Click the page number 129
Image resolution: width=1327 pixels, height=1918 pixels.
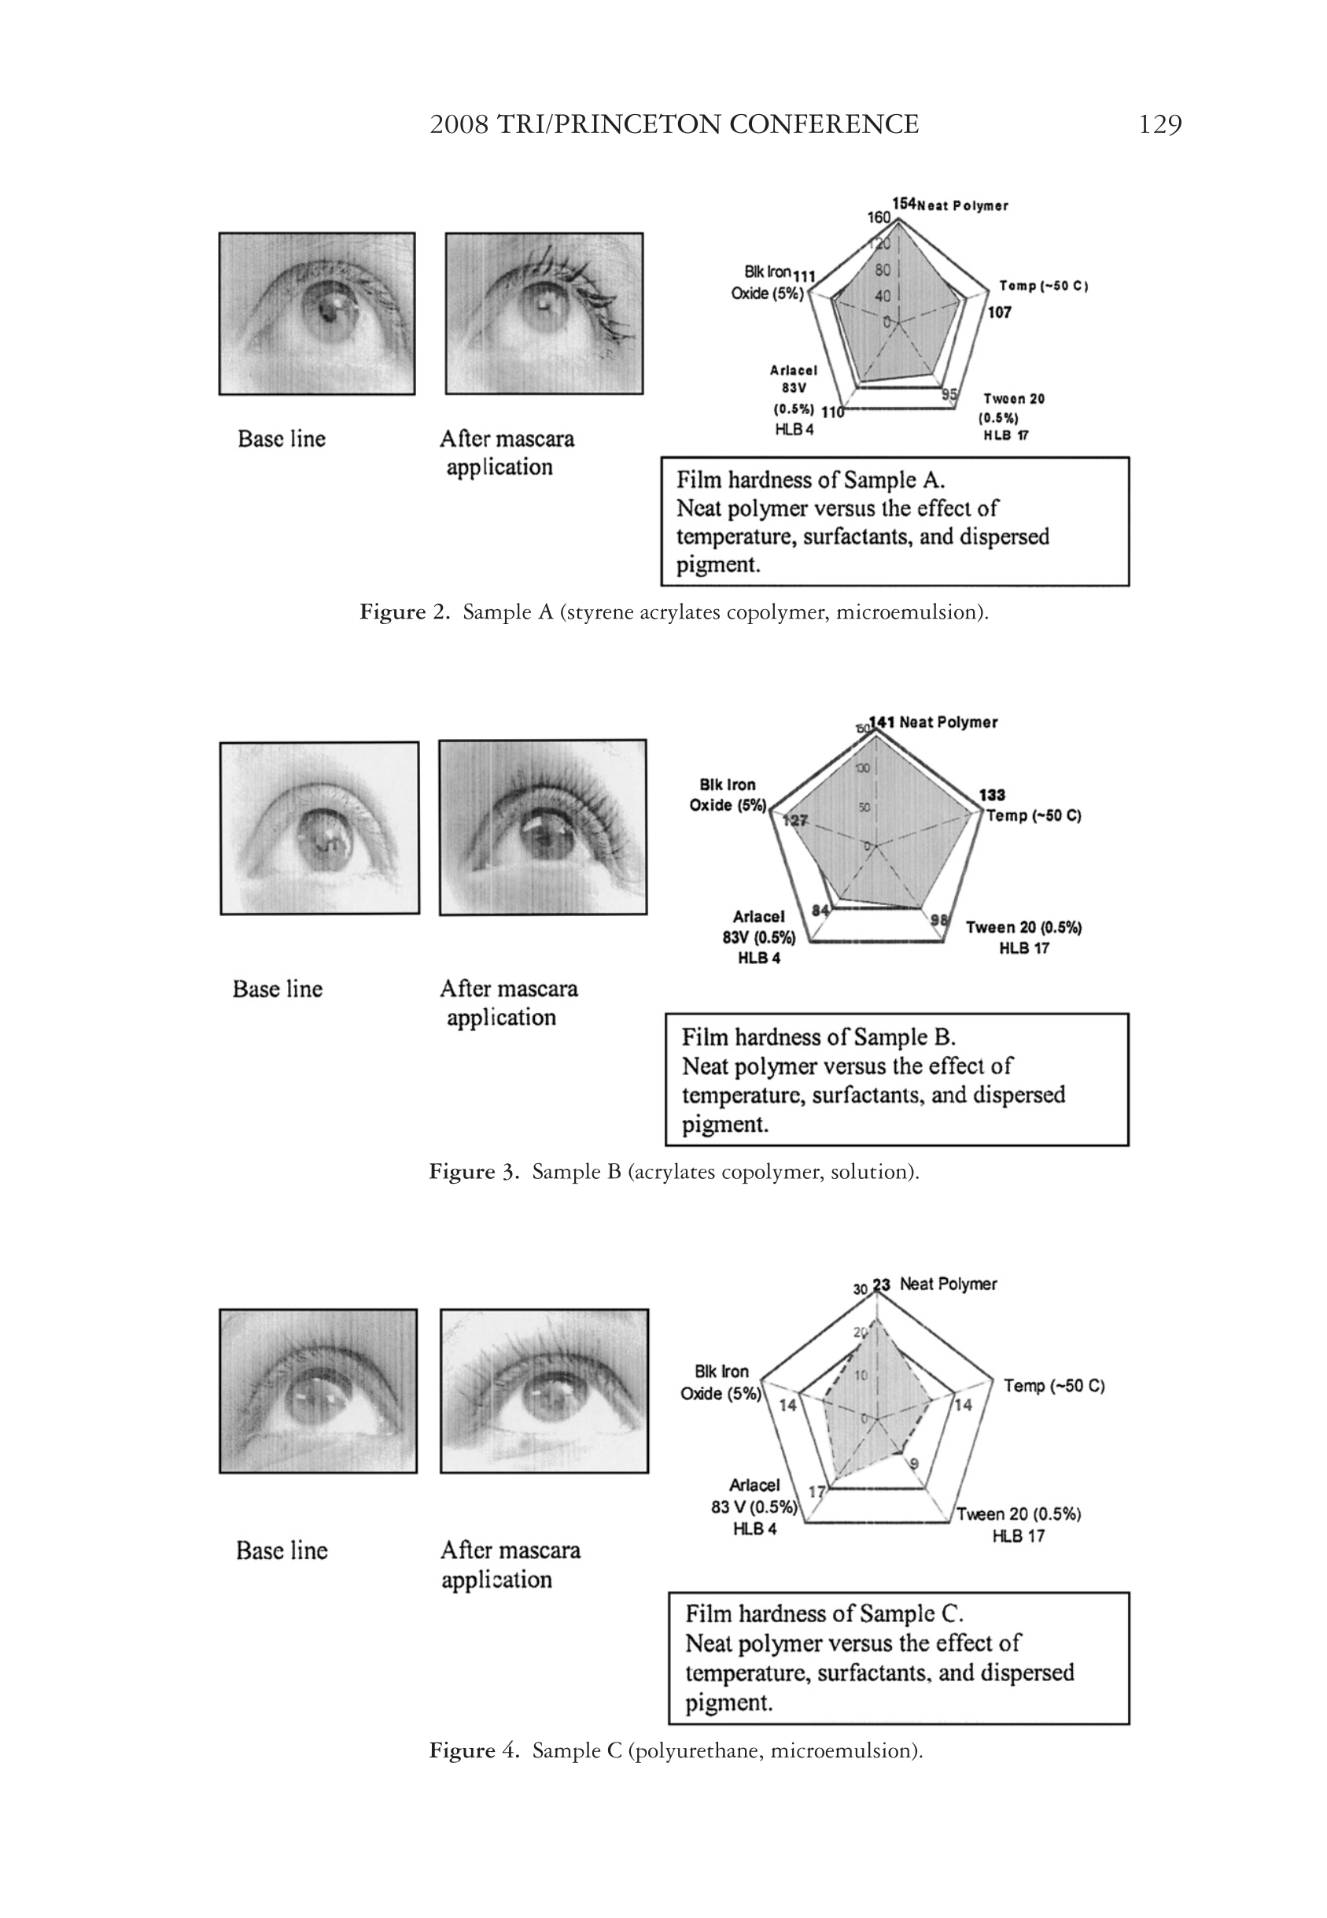1160,125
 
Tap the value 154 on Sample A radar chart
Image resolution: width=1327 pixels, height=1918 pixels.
904,203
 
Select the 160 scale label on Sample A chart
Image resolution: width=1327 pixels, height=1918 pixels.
879,217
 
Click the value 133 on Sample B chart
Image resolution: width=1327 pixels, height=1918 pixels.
992,794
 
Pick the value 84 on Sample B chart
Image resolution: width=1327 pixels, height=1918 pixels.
820,910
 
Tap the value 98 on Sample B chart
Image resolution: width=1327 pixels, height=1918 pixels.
938,919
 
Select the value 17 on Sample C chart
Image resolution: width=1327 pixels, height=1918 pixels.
817,1491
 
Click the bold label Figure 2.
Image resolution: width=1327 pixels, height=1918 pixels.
404,613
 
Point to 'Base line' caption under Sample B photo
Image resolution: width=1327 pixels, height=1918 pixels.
277,989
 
